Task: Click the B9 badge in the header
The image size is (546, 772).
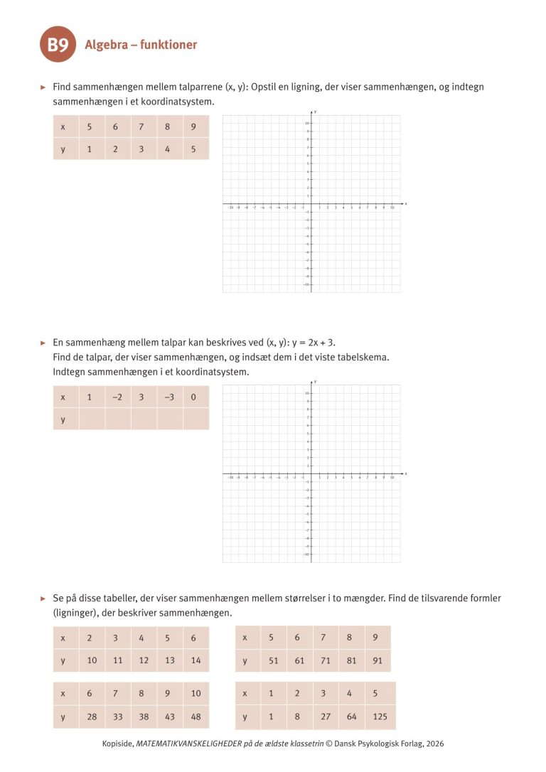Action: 58,45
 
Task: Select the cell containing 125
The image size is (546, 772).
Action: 380,717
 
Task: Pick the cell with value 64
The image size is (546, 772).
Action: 351,717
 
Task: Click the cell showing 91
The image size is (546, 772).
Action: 377,660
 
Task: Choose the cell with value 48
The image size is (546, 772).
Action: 196,717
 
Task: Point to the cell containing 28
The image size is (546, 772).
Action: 92,717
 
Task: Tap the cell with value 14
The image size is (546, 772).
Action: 196,660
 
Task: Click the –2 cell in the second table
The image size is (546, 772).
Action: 117,397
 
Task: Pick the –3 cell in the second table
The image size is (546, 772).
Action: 169,397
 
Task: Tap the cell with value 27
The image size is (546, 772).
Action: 325,717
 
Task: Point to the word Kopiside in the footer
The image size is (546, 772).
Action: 117,744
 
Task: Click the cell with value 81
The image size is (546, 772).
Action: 351,660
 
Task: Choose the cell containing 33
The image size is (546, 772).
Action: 118,717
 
